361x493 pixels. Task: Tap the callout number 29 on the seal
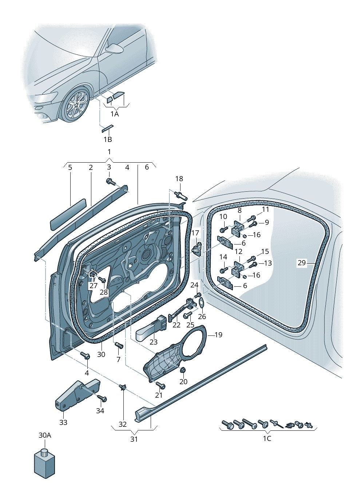(x=301, y=263)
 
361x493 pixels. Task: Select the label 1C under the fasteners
(x=267, y=438)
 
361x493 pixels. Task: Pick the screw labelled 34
(x=102, y=398)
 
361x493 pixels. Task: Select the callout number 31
(x=134, y=439)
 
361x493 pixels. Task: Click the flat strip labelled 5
(x=68, y=214)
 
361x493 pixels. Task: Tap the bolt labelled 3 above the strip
(x=110, y=182)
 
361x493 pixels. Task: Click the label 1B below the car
(x=107, y=139)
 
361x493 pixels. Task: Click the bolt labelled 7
(x=119, y=345)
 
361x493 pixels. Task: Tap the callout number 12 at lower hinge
(x=238, y=251)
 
